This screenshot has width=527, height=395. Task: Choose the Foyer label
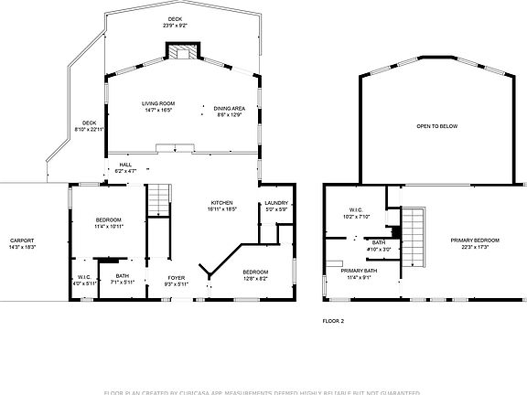pos(177,280)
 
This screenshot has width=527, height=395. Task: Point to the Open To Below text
pos(436,126)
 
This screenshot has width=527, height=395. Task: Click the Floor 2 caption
pos(333,321)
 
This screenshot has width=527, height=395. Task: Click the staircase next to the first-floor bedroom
pos(159,198)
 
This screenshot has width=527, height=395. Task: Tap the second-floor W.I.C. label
pos(357,213)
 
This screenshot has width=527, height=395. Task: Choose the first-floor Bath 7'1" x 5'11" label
pos(122,279)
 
